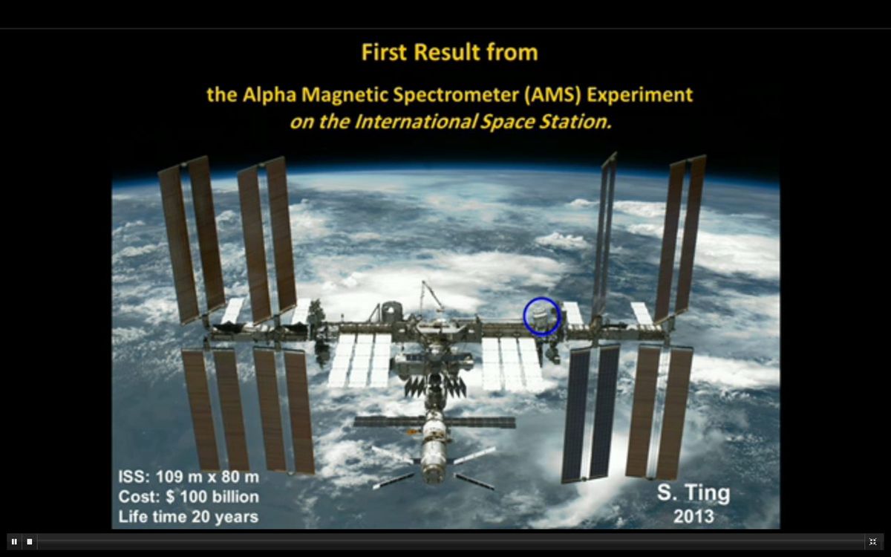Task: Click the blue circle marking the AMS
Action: coord(541,316)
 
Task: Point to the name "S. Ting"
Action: coord(693,493)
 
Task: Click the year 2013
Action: coord(693,516)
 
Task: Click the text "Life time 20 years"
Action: coord(188,516)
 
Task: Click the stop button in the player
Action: coord(30,541)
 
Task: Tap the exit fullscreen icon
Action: coord(872,541)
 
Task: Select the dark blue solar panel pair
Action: coord(591,412)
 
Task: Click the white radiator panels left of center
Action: coord(359,359)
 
